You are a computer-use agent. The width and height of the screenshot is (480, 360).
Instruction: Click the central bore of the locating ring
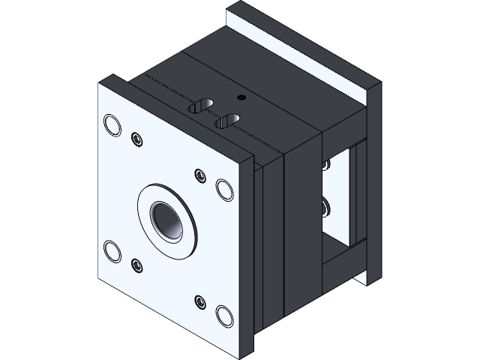click(165, 219)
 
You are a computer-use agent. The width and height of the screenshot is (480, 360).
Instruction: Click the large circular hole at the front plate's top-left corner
click(112, 124)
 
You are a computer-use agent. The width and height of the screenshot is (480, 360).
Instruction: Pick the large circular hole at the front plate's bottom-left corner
click(112, 251)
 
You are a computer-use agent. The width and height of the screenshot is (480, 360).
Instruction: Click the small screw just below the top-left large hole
click(136, 139)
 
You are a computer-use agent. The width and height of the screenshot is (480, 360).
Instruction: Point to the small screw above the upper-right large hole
click(199, 175)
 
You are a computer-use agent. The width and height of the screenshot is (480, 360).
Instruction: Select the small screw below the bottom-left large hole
click(136, 265)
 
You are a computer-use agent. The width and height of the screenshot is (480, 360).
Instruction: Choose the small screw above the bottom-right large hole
click(199, 301)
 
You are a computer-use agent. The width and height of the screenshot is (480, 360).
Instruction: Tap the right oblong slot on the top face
click(226, 120)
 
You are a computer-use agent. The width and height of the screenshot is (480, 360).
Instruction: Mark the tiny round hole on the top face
click(240, 97)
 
